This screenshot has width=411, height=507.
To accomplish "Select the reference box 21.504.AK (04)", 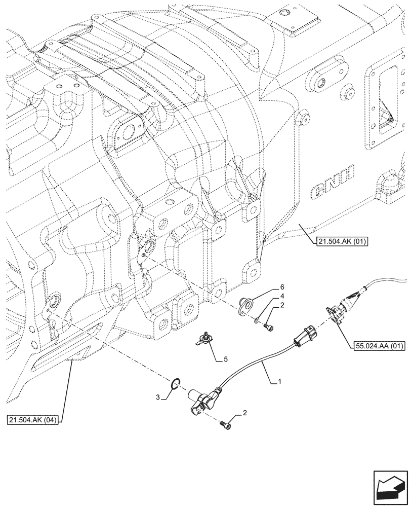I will pyautogui.click(x=33, y=420).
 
